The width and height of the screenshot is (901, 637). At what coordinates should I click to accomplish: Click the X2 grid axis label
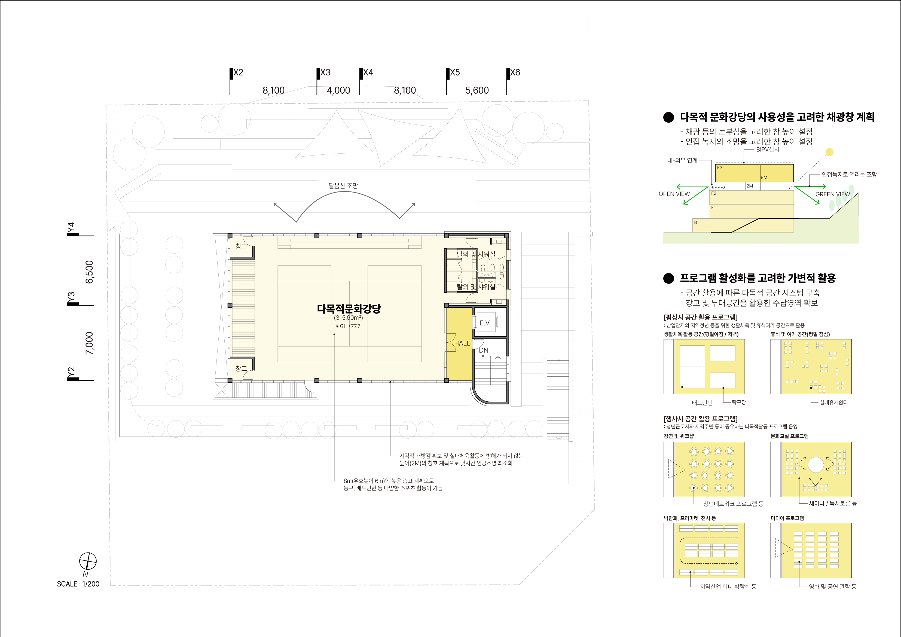(238, 73)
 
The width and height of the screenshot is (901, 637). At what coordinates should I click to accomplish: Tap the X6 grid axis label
(515, 73)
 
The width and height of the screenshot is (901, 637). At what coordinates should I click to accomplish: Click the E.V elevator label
(485, 323)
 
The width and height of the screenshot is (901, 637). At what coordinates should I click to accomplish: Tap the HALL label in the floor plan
(462, 343)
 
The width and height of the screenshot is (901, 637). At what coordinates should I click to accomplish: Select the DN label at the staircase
(484, 350)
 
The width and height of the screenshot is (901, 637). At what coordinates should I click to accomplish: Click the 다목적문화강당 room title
(349, 309)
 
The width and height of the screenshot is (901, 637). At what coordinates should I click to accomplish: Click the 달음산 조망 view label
(343, 186)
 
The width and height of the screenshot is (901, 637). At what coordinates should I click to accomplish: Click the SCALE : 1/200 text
(78, 584)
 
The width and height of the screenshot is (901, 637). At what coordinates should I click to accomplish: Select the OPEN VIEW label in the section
(674, 194)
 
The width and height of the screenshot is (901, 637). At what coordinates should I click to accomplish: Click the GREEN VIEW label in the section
(833, 194)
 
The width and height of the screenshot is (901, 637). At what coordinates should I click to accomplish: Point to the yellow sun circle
(829, 152)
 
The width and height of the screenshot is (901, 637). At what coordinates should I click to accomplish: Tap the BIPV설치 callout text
(768, 150)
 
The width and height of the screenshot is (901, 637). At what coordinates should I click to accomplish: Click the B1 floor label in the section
(697, 222)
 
